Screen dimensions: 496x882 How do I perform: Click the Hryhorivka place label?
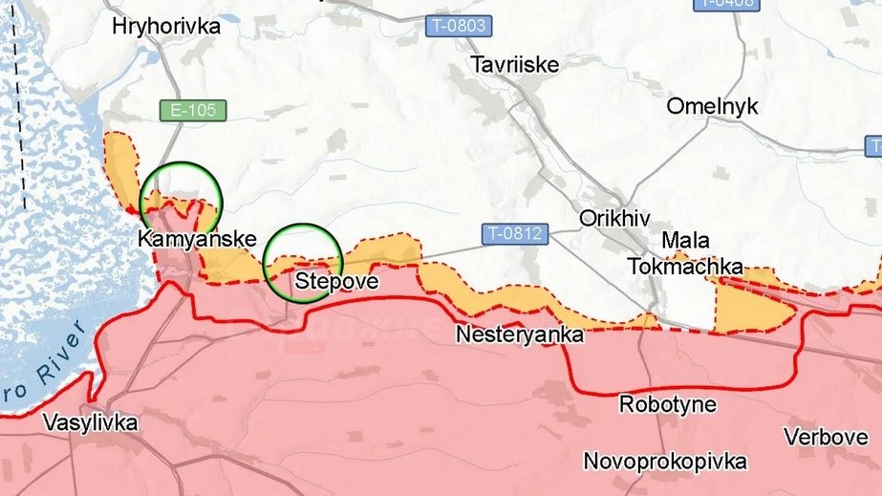pos(165,27)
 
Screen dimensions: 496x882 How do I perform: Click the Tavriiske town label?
pos(515,65)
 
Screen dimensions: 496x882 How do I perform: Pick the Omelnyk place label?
pos(712,106)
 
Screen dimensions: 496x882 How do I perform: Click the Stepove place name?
pos(337,282)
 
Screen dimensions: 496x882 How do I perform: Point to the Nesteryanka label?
pos(519,335)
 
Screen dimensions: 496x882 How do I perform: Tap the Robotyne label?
pos(667,404)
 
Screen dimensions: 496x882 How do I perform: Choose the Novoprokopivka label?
pos(665,462)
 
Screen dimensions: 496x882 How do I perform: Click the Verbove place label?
pos(826,437)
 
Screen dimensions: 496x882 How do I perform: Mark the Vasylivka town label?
pos(90,422)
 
